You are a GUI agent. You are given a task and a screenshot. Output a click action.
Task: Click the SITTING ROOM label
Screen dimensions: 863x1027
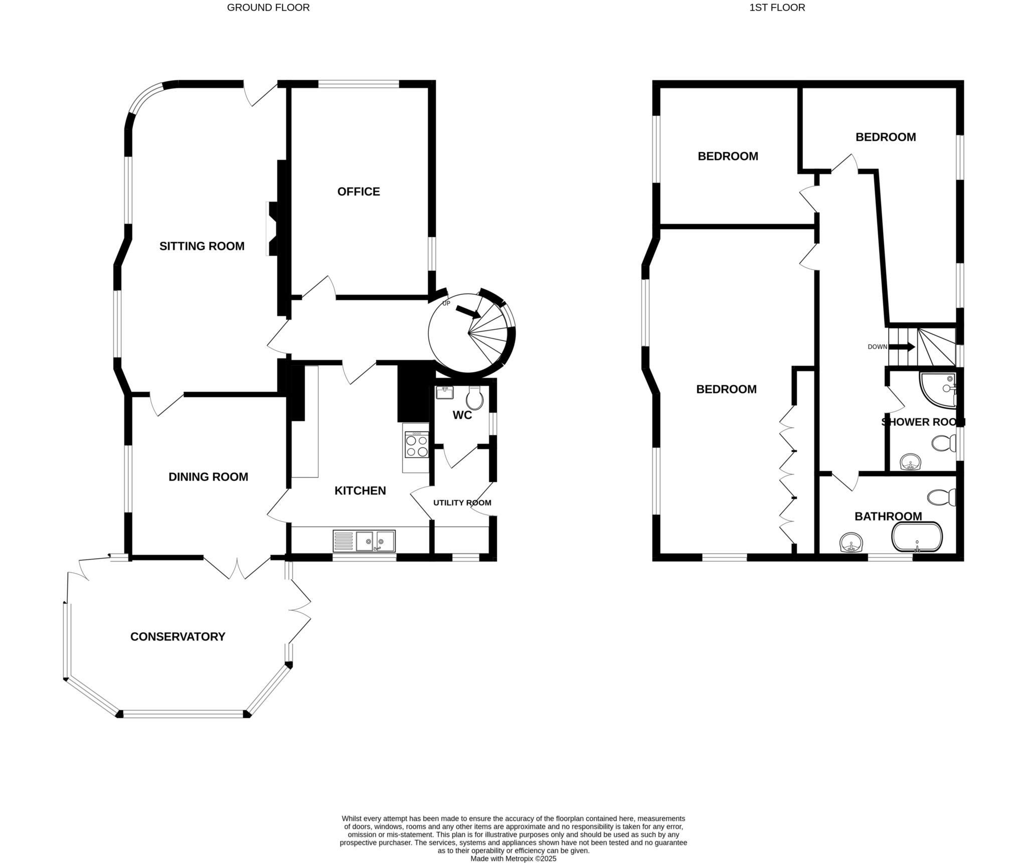[x=202, y=246]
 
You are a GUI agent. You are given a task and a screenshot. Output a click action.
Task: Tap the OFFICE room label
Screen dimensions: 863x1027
[x=358, y=192]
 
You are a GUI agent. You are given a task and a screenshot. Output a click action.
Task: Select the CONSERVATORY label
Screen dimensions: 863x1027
[x=178, y=636]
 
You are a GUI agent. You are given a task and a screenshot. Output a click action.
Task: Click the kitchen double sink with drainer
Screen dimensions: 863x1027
[x=364, y=541]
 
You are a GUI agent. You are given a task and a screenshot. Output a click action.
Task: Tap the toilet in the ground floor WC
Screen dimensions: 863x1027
[x=474, y=399]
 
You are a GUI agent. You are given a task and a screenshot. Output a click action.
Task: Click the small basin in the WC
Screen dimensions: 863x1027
[x=444, y=393]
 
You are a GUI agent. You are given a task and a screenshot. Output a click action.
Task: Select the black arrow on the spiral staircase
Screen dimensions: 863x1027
[x=468, y=312]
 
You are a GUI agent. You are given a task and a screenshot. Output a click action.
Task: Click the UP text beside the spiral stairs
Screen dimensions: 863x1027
[x=446, y=303]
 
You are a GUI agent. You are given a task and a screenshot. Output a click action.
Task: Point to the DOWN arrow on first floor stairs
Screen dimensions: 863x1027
[x=907, y=347]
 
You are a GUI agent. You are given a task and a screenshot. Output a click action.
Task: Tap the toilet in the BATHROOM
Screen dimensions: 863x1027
[x=941, y=497]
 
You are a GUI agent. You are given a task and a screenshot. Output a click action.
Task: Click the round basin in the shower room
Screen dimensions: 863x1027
[x=910, y=462]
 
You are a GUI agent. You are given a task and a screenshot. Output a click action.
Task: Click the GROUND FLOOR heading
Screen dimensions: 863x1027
[x=268, y=8]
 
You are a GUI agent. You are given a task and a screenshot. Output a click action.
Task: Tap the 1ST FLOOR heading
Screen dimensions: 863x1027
[x=777, y=8]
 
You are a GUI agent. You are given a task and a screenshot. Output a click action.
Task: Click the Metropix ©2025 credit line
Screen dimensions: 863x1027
[x=513, y=858]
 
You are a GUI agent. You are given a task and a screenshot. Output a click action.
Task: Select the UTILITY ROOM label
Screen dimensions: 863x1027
[x=462, y=502]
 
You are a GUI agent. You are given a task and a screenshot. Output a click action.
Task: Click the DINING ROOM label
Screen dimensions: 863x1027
[x=208, y=477]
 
